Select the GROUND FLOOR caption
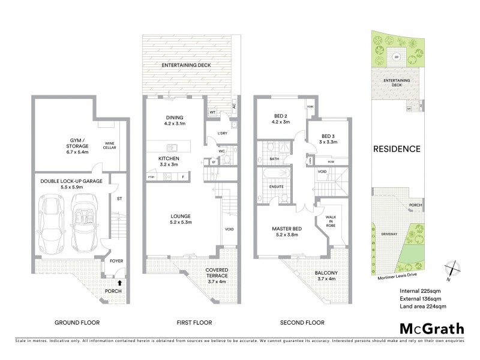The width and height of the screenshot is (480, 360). tap(77, 322)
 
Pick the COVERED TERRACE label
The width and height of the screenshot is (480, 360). tap(217, 273)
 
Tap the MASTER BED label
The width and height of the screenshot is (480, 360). tap(290, 230)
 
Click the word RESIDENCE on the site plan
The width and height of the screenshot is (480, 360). tap(397, 149)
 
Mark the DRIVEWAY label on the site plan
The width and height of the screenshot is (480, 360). tap(389, 233)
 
